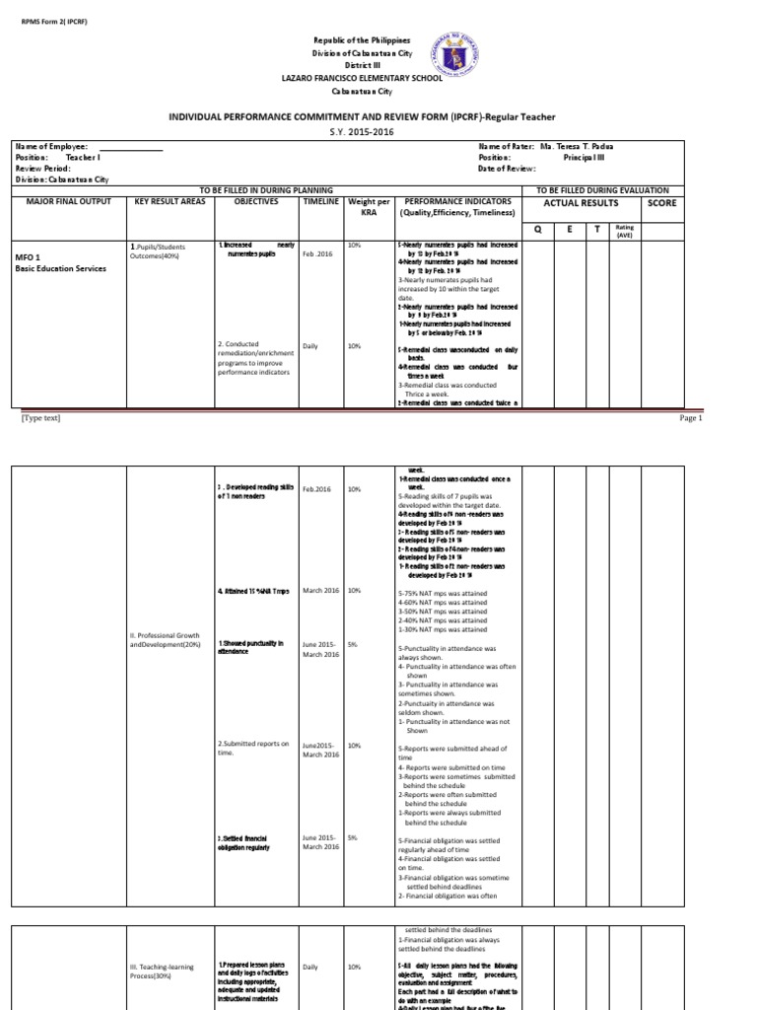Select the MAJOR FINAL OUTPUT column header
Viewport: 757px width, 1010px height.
68,201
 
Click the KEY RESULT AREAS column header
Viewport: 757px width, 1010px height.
169,201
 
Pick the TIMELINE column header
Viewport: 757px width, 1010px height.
320,201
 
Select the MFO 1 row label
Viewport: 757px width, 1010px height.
27,256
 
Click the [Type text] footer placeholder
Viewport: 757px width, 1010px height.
40,418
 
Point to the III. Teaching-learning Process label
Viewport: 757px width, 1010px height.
163,973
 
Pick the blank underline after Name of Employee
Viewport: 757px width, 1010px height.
126,147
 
